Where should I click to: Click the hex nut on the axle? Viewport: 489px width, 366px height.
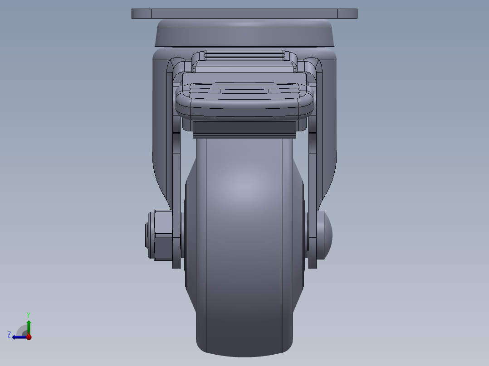[163, 235]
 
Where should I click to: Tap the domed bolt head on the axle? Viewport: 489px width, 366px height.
[326, 235]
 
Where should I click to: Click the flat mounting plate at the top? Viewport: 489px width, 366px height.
[244, 14]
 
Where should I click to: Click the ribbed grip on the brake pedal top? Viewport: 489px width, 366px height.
[244, 55]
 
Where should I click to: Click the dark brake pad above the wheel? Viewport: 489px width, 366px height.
[244, 129]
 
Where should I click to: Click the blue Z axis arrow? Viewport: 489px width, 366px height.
[19, 337]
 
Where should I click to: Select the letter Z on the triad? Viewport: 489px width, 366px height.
[9, 334]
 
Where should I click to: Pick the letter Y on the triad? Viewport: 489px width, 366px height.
[28, 314]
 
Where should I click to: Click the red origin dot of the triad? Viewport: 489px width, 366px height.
[29, 337]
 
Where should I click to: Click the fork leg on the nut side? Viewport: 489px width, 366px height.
[161, 136]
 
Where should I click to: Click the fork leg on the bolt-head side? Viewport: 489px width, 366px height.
[328, 136]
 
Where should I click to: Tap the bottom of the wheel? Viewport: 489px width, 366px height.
[245, 347]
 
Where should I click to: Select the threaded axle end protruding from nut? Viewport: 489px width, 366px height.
[148, 235]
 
